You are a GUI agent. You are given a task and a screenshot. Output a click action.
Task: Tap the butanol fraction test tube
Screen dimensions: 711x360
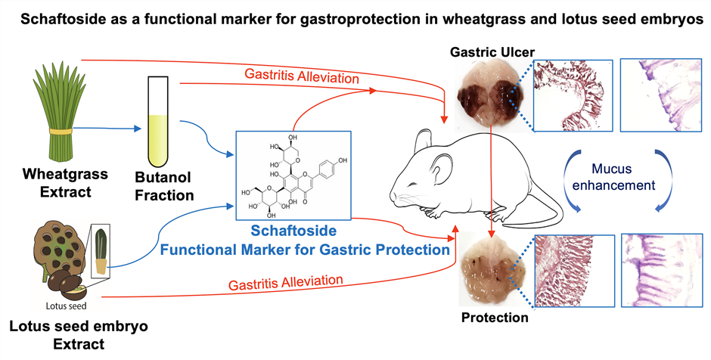[x=158, y=122]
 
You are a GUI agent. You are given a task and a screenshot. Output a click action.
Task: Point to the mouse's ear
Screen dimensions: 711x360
[x=439, y=169]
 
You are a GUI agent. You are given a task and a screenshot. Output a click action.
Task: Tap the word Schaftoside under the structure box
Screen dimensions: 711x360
[x=293, y=231]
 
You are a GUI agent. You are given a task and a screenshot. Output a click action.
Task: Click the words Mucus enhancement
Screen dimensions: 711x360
[x=613, y=177]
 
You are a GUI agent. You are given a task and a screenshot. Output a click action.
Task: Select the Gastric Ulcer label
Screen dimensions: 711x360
[x=492, y=51]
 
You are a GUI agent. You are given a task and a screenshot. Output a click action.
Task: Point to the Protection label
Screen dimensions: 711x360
[x=495, y=318]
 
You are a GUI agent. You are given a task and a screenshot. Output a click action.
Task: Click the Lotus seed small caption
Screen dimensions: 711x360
[x=67, y=306]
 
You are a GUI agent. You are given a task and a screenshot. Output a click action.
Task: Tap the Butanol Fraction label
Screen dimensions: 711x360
[x=164, y=186]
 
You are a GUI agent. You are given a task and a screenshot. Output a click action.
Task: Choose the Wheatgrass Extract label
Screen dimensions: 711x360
[x=65, y=183]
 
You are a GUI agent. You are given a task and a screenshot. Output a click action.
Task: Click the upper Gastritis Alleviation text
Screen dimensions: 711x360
[x=302, y=76]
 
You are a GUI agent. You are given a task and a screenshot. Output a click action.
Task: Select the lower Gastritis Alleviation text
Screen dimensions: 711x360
[x=286, y=283]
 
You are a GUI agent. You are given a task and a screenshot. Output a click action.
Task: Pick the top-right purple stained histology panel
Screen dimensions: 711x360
[x=660, y=95]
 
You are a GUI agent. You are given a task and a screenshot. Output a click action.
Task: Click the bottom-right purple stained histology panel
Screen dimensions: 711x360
[x=662, y=271]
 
